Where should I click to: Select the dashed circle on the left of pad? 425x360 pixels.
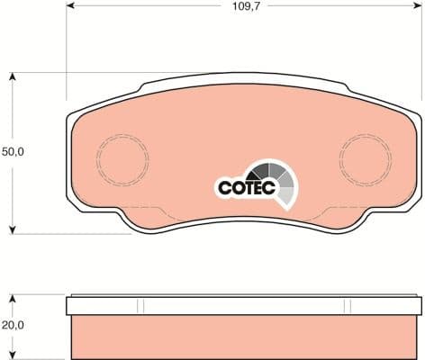pyautogui.click(x=122, y=158)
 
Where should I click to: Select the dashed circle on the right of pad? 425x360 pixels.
pyautogui.click(x=365, y=158)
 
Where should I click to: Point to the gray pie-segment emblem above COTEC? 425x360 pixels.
pyautogui.click(x=275, y=180)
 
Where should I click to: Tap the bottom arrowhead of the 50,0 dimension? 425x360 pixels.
pyautogui.click(x=13, y=229)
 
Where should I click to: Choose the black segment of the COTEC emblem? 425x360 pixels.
pyautogui.click(x=262, y=170)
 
